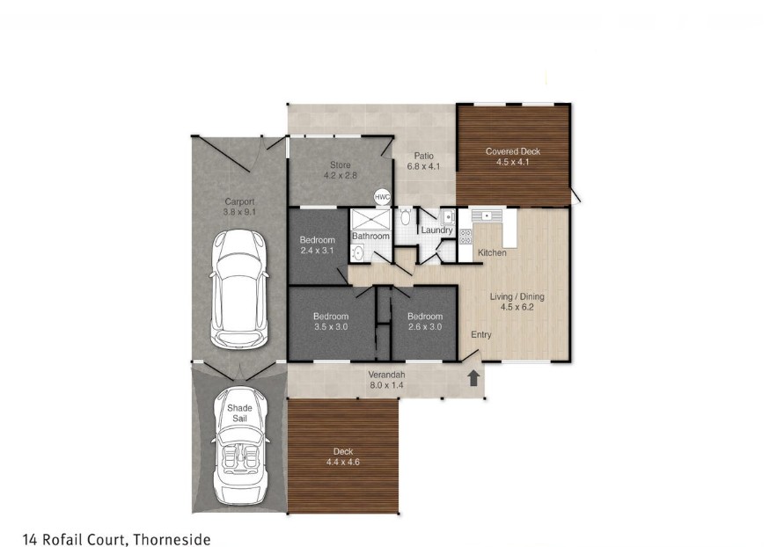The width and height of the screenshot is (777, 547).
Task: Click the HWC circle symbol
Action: (x=382, y=197)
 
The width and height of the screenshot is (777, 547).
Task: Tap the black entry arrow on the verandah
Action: (x=473, y=378)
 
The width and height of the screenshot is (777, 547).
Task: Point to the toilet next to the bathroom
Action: (x=405, y=216)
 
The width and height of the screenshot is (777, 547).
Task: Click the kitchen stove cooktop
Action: (x=465, y=237)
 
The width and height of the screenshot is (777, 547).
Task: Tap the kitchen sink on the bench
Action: (x=487, y=215)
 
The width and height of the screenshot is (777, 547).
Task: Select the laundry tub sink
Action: (x=448, y=217)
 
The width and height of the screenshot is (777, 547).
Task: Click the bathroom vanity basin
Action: (x=356, y=253)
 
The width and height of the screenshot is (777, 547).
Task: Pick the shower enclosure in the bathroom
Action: (x=371, y=219)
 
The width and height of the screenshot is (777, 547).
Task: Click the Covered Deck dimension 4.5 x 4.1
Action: (x=512, y=162)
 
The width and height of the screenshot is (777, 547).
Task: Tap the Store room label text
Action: (x=341, y=164)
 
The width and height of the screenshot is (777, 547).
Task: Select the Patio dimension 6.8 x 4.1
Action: (x=423, y=166)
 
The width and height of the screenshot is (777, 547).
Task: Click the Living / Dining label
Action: (x=517, y=296)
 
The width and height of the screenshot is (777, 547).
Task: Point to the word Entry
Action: (x=481, y=335)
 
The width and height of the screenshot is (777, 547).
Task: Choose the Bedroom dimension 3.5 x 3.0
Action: (x=331, y=327)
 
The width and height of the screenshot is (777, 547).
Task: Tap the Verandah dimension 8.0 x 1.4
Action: (x=387, y=384)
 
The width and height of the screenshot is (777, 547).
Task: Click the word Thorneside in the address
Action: (x=172, y=539)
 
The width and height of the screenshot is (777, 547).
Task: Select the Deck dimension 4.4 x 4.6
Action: (x=343, y=462)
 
